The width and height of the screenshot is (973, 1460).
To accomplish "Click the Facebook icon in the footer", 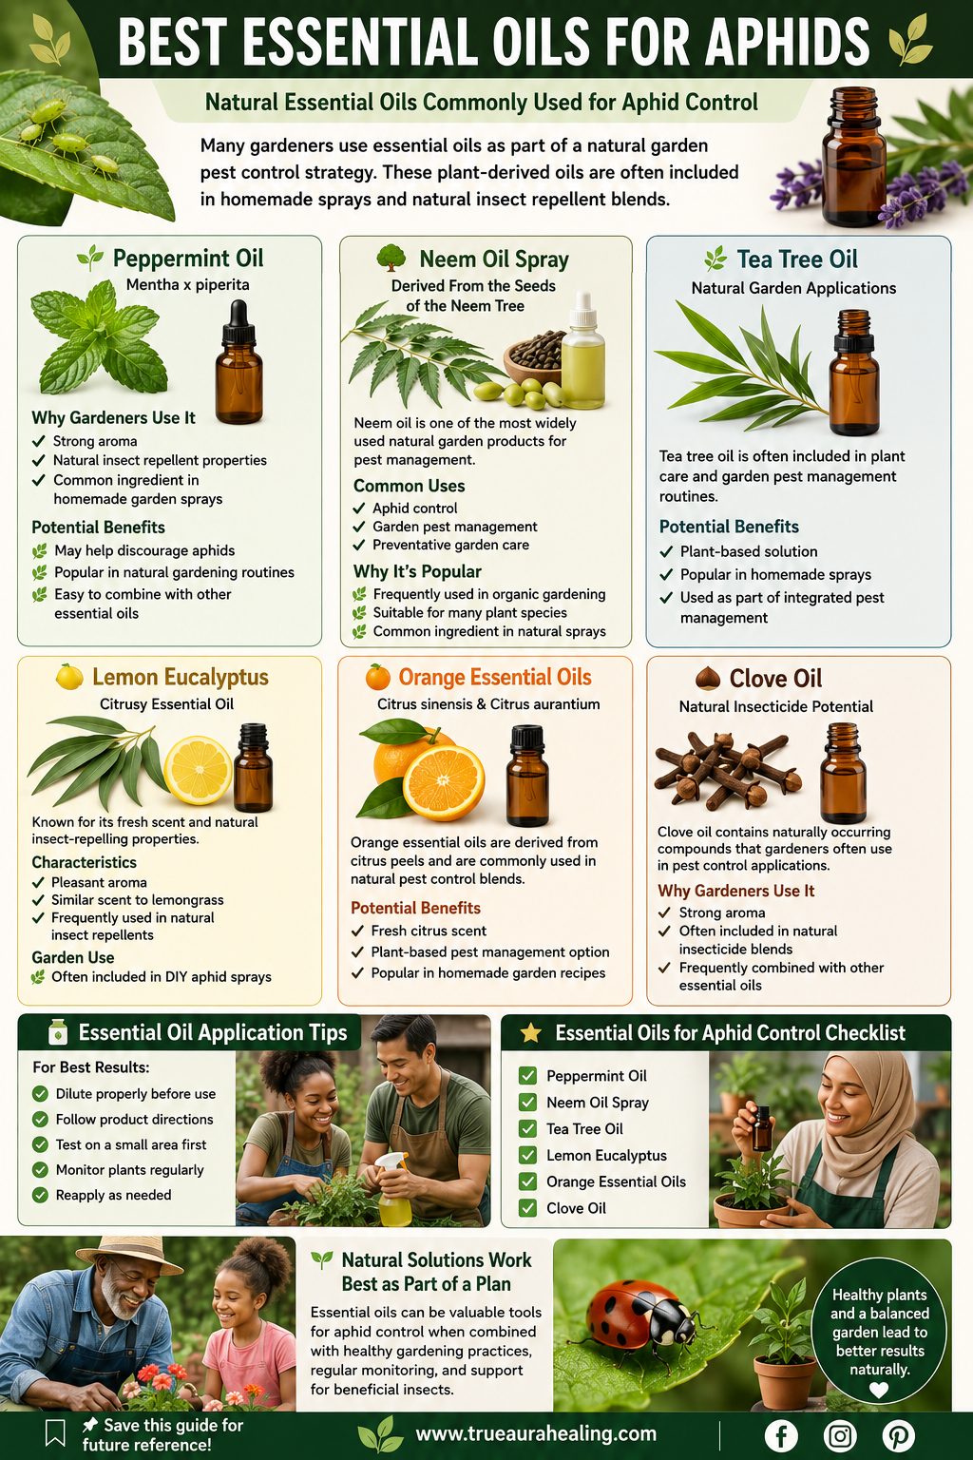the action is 781,1435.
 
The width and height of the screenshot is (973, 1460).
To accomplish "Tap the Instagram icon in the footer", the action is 840,1435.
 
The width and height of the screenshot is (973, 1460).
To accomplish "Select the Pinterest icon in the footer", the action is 899,1435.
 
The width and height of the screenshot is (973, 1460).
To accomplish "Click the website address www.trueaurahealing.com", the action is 536,1434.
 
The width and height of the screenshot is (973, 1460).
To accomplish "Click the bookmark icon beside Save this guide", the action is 55,1433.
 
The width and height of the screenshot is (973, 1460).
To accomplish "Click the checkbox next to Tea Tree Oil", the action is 527,1129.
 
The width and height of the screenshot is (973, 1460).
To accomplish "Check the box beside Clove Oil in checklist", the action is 527,1208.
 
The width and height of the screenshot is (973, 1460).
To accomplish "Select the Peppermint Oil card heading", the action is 188,259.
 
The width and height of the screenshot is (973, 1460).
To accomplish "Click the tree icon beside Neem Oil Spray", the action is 391,259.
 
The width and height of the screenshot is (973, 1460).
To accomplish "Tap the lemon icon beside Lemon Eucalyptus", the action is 69,677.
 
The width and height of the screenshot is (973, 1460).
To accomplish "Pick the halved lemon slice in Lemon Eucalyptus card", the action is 199,771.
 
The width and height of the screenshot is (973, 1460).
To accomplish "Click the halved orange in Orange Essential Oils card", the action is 444,783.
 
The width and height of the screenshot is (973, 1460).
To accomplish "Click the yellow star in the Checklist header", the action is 530,1032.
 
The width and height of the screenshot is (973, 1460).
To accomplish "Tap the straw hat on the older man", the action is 129,1254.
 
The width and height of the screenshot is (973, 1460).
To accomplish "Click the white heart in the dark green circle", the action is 879,1391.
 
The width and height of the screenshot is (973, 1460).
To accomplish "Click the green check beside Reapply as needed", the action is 41,1195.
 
